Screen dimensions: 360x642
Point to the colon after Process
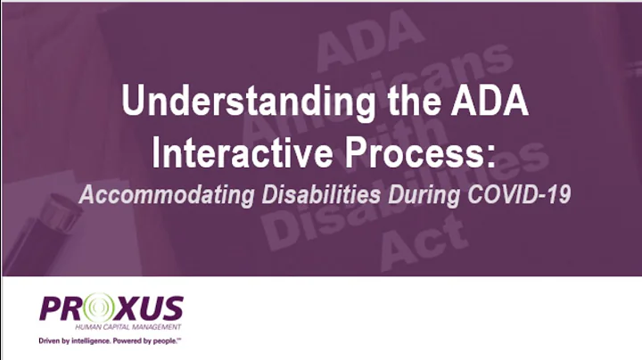[x=490, y=153]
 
